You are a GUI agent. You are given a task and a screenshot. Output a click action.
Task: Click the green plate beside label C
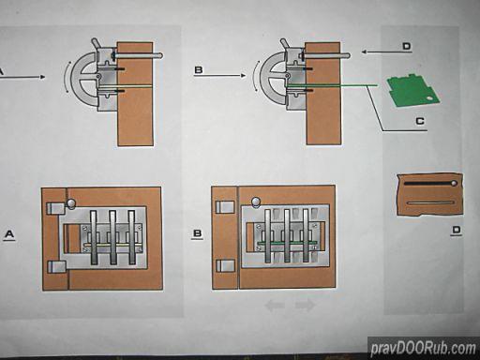point(412,91)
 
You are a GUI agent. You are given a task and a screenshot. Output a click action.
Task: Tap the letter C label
point(420,121)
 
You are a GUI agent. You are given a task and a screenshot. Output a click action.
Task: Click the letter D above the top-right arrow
point(406,46)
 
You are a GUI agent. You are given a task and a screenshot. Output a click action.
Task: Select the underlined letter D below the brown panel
point(457,231)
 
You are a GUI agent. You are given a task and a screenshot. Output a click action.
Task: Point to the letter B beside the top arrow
point(199,69)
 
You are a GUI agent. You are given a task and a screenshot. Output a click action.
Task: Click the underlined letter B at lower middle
point(198,233)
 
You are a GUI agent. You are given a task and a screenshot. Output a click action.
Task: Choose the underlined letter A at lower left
point(9,234)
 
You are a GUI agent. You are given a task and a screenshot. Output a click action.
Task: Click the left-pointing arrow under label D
point(386,52)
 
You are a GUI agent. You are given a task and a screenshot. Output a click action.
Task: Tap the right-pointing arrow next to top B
point(219,75)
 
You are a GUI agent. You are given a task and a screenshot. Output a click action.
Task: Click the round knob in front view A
point(71,203)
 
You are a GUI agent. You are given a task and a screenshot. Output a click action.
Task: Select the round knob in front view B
point(256,202)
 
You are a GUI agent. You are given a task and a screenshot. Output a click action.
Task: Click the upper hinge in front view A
point(55,208)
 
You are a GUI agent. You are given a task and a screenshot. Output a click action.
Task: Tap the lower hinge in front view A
point(56,267)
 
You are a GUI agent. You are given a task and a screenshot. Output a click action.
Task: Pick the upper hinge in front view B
point(225,206)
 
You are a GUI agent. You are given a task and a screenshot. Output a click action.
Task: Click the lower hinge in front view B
point(225,265)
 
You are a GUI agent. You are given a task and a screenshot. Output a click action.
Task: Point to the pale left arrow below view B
point(275,305)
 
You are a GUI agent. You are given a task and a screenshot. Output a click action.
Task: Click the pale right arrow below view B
point(305,305)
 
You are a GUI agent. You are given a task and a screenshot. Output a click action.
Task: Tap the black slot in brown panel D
point(428,184)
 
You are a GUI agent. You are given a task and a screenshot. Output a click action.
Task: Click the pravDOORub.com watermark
point(424,348)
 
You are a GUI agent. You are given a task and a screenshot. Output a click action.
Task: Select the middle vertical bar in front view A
point(112,237)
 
